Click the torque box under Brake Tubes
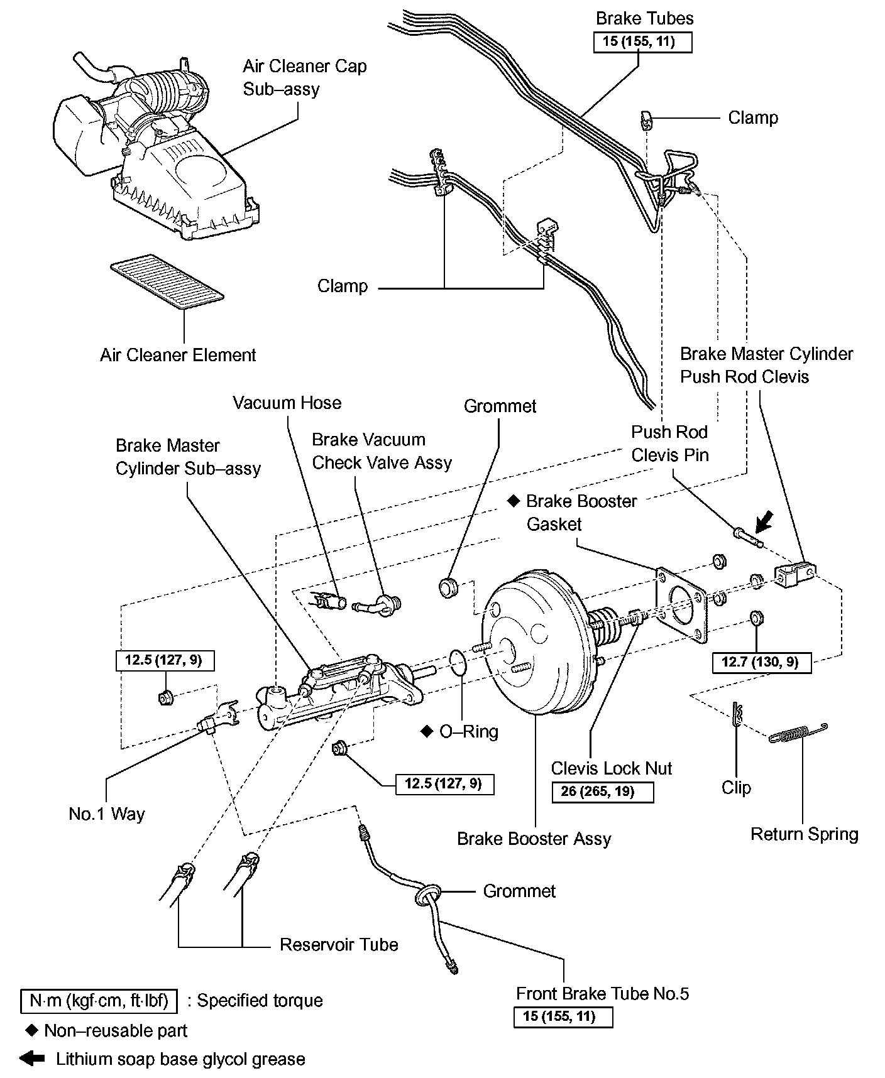point(642,42)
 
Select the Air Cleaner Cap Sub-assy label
point(304,77)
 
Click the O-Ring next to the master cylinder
point(459,662)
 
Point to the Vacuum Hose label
point(287,403)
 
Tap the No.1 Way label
point(107,814)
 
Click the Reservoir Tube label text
point(339,945)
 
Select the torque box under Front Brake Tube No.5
point(563,1016)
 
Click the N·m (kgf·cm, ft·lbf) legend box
point(99,1001)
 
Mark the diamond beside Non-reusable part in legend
point(31,1030)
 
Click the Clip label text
point(736,788)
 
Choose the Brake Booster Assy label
point(534,839)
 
